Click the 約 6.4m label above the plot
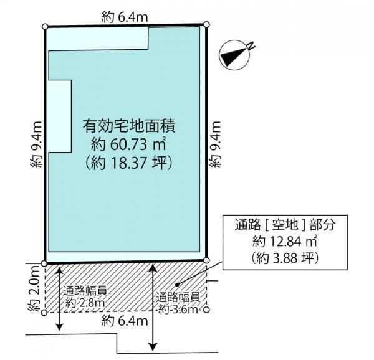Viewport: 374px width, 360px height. (125, 17)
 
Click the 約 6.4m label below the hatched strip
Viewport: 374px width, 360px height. (125, 321)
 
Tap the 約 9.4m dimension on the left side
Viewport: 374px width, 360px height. (36, 144)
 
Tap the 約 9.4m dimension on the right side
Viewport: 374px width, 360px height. (215, 144)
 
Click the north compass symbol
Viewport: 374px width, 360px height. (235, 55)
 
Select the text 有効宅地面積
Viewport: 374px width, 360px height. (129, 126)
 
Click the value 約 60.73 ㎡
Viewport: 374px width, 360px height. (128, 144)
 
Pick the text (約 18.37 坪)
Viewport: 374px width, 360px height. (129, 163)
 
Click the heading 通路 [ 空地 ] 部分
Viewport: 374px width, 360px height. (285, 224)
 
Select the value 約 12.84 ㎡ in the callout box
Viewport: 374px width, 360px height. (285, 241)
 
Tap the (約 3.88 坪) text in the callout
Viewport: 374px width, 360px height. (285, 258)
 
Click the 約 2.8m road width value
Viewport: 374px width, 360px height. (85, 303)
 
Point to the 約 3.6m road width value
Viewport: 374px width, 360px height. (178, 310)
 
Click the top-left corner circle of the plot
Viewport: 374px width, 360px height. (45, 26)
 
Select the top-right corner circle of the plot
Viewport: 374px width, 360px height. (207, 24)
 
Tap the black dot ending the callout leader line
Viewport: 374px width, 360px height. (177, 284)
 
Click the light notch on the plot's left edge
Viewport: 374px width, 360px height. (60, 116)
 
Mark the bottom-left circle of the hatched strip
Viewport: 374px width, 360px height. (44, 313)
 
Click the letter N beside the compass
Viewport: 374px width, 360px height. (251, 46)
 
